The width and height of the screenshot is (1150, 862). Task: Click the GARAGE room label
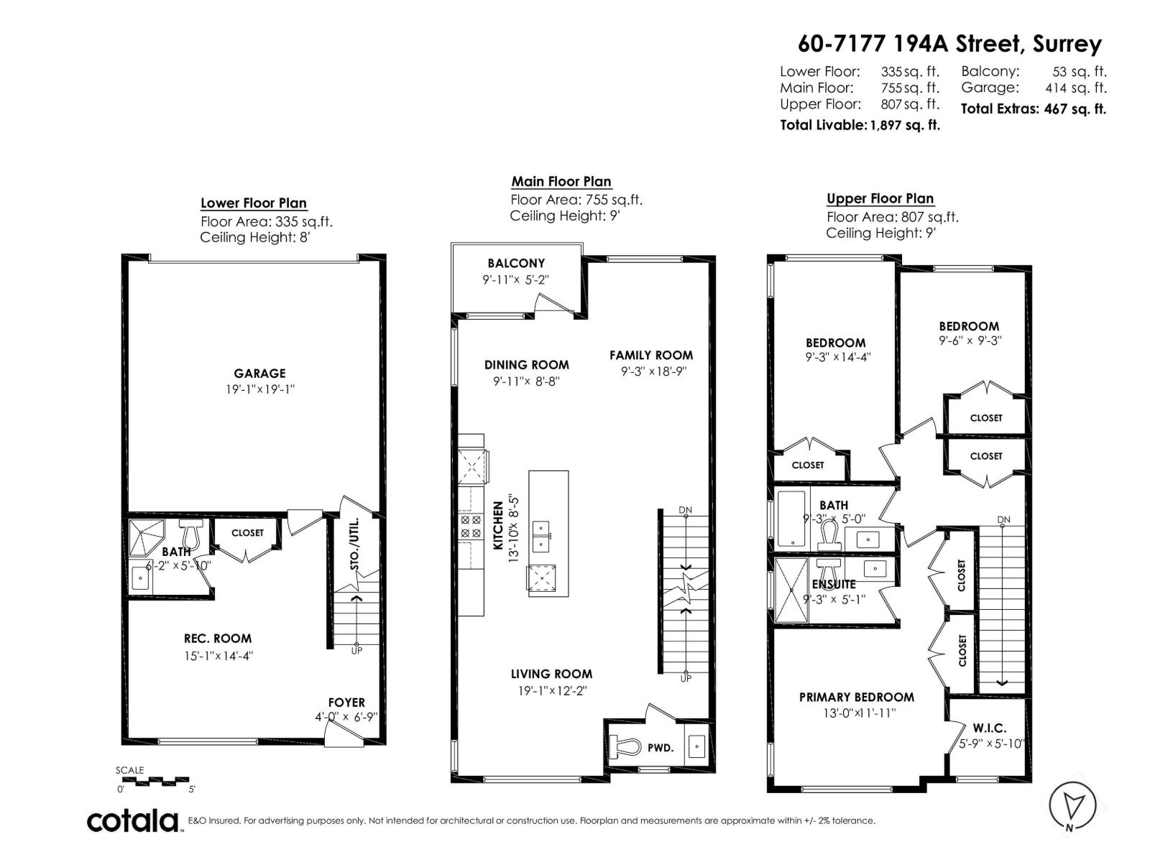point(259,374)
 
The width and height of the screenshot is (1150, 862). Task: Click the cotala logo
point(134,820)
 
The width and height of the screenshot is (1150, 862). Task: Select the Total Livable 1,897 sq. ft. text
point(860,125)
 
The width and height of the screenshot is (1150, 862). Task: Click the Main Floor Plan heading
point(561,182)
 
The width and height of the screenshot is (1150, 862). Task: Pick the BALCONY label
point(516,264)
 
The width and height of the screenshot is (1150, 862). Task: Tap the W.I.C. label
point(990,728)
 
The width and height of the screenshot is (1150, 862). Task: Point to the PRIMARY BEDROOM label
point(857,697)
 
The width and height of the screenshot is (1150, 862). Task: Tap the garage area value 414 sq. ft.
point(1075,88)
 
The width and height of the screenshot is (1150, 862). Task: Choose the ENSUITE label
point(834,584)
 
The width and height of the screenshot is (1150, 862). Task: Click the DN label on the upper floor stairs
point(1003,519)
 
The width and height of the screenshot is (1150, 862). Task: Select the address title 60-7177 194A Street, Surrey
point(949,44)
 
